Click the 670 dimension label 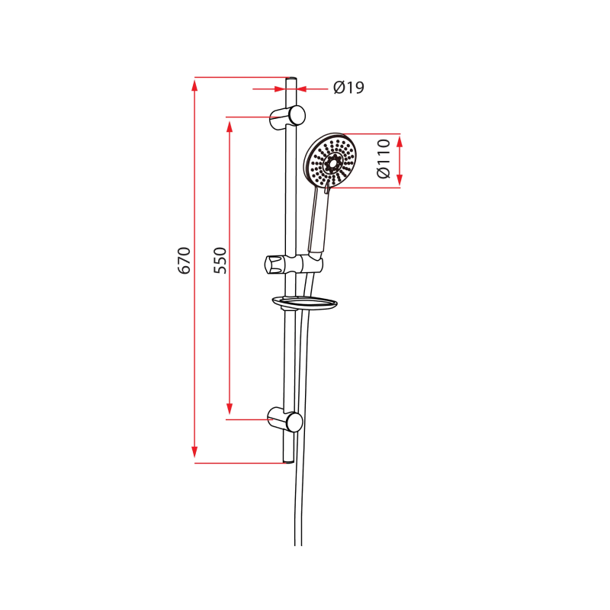[184, 261]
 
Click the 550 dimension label [220, 261]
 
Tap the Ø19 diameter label [348, 88]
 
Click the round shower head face [331, 162]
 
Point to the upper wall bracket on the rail [289, 116]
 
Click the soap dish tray [304, 303]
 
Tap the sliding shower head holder [294, 265]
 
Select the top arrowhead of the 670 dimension [194, 84]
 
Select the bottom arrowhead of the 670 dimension [194, 455]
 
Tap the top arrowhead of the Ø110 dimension [400, 140]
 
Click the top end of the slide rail [290, 80]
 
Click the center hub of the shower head [332, 162]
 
